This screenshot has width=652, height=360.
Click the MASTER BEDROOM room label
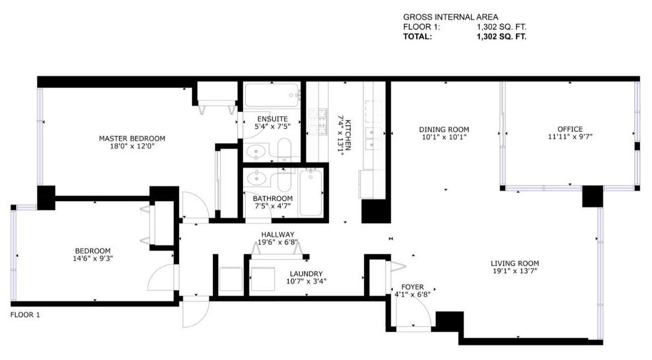[x=132, y=138]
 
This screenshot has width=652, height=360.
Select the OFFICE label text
[x=570, y=129]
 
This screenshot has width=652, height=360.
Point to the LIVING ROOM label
[x=514, y=264]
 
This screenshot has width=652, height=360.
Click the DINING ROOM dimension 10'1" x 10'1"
[x=444, y=137]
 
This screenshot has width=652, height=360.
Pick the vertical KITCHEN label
[x=347, y=135]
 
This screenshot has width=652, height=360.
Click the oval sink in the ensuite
[x=256, y=151]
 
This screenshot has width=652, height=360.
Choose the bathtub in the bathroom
[x=310, y=193]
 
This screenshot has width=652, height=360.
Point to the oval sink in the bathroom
[x=257, y=179]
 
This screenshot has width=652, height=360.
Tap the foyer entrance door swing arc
[x=418, y=312]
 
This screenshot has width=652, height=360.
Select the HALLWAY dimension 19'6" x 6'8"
[x=278, y=242]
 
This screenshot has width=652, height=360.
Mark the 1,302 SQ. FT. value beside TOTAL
[x=502, y=37]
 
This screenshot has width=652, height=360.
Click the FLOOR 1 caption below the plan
[x=26, y=315]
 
